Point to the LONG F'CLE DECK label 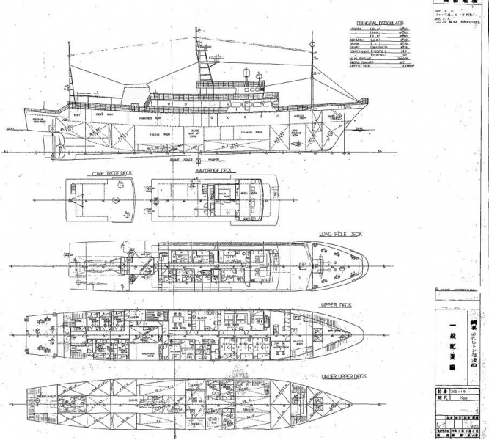(x=340, y=235)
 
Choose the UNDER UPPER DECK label (x=344, y=375)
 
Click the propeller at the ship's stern (x=46, y=142)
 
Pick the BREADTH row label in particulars (x=355, y=40)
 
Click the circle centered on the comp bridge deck (x=115, y=199)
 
